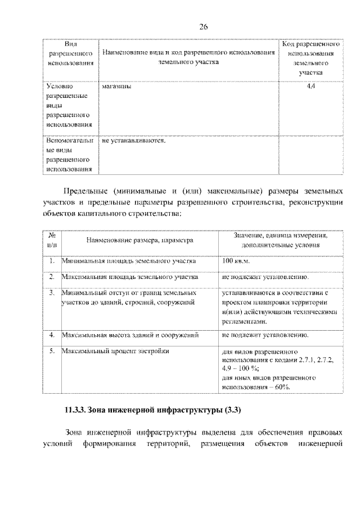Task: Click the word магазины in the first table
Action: click(x=116, y=87)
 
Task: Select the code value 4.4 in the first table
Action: click(x=310, y=87)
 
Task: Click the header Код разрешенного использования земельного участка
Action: click(x=310, y=58)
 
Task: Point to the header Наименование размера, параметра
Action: click(x=139, y=240)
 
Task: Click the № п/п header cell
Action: click(x=52, y=240)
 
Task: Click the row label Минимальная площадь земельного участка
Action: click(x=129, y=262)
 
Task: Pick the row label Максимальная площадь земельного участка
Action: click(x=130, y=277)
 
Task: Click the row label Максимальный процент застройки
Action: click(x=115, y=351)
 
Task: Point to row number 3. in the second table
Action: click(x=52, y=293)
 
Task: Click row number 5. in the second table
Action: click(x=52, y=351)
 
